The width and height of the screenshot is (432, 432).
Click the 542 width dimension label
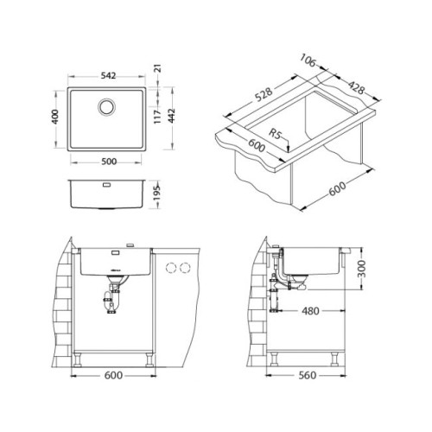tap(108, 76)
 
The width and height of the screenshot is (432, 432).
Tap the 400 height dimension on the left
tap(55, 117)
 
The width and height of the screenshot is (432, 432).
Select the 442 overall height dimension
tap(172, 116)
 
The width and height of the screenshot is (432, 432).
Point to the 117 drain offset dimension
tap(157, 117)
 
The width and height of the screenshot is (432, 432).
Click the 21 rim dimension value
tap(158, 68)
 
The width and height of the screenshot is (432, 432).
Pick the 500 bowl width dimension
tap(109, 162)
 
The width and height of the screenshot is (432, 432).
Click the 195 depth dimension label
tap(156, 194)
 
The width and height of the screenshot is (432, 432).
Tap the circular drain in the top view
tap(107, 107)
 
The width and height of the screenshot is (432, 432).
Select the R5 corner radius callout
tap(275, 133)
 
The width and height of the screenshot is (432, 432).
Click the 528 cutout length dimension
tap(264, 94)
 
